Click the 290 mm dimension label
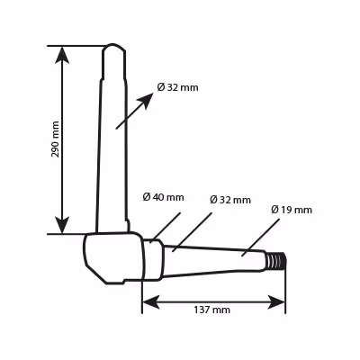55,139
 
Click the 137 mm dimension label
211,310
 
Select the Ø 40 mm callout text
163,197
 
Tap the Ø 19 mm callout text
292,210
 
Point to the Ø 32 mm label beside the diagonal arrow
177,87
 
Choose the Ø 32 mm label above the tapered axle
230,200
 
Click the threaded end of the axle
276,260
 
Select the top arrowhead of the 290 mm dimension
62,55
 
